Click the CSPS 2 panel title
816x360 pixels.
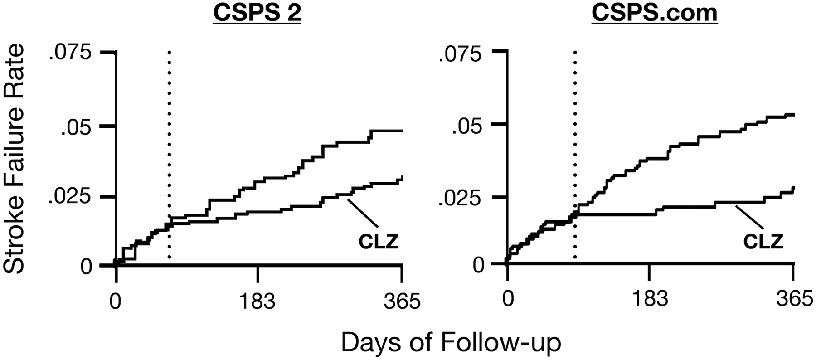(x=257, y=13)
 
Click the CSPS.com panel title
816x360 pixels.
(x=654, y=13)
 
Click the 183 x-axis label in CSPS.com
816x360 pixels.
(x=650, y=301)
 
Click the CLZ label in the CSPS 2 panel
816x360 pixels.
(x=379, y=242)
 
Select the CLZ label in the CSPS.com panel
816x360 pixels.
(x=763, y=242)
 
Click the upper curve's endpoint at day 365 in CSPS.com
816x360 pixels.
(x=793, y=115)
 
